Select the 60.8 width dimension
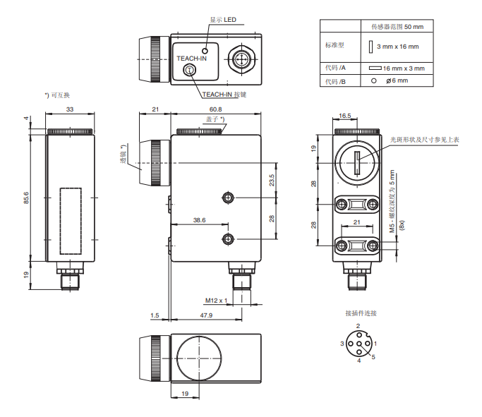[x=215, y=109]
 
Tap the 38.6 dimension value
[x=199, y=221]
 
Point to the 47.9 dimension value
[x=205, y=315]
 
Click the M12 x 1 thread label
[x=216, y=301]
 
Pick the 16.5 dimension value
[x=344, y=115]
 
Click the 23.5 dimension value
[x=271, y=179]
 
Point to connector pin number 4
[x=359, y=361]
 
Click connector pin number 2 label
[x=358, y=326]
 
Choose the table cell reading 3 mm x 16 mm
[x=397, y=47]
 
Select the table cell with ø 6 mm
[x=398, y=81]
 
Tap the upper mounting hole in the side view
[x=227, y=196]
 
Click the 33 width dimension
[x=70, y=109]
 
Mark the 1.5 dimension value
[x=155, y=315]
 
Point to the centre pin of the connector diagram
[x=359, y=343]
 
